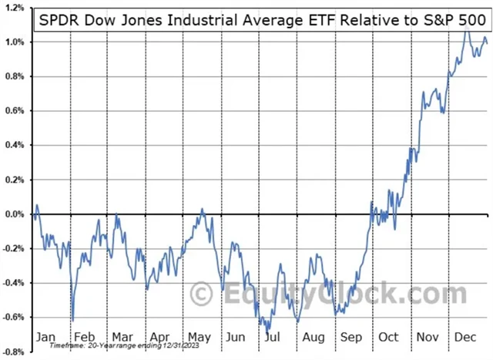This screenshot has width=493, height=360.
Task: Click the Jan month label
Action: pos(46,336)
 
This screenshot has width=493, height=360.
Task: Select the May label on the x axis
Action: pos(199,336)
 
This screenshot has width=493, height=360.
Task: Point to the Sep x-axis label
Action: pos(350,336)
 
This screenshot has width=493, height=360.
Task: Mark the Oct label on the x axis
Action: pos(389,336)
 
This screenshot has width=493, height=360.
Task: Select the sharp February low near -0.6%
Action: pos(72,320)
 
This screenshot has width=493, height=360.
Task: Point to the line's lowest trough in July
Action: pos(267,330)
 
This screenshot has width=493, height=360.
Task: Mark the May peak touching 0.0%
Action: pos(203,209)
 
